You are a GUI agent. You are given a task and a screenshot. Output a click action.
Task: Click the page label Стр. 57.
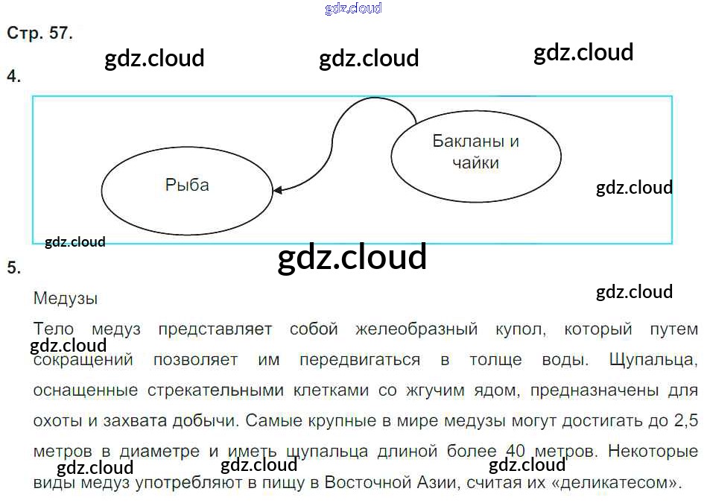tap(39, 34)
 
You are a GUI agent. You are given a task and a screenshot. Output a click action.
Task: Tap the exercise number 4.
tap(13, 76)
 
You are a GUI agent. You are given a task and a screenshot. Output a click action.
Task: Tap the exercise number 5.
tap(13, 268)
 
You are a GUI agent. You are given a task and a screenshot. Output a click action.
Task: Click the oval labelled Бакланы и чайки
tap(475, 152)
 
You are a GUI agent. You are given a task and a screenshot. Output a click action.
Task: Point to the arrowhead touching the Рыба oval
tap(277, 191)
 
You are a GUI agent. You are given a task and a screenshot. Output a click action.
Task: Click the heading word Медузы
tap(66, 299)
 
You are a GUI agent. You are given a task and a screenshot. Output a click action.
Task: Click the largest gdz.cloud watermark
tap(352, 258)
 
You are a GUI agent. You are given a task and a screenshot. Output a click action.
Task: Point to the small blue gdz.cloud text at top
tap(353, 9)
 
